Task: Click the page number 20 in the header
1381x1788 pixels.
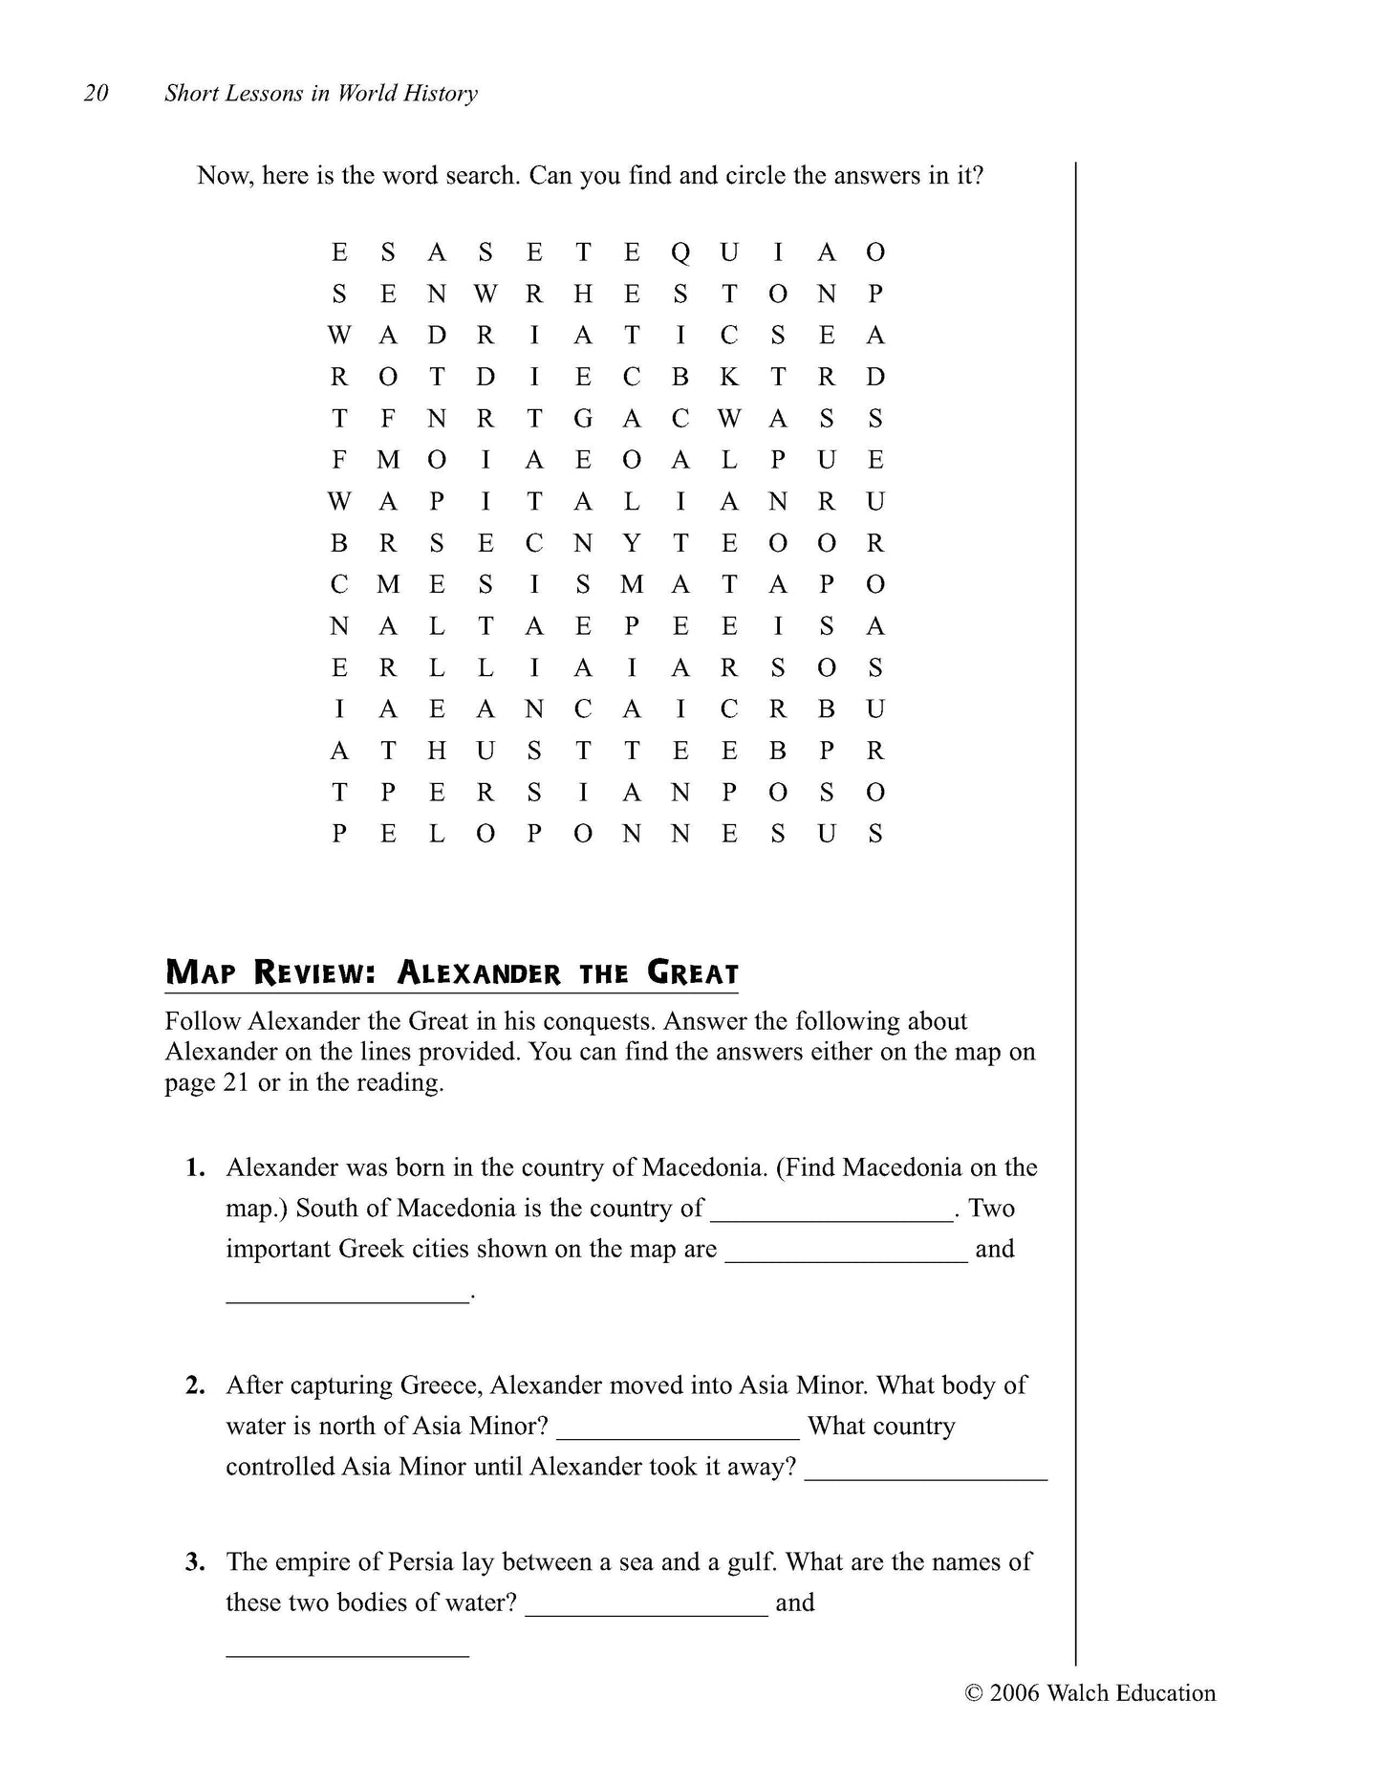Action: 97,94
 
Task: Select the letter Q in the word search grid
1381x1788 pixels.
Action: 680,252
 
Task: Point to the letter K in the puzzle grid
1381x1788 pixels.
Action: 729,378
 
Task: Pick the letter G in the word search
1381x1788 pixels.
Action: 583,419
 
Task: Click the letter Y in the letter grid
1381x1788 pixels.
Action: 632,543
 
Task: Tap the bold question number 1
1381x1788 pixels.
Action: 196,1167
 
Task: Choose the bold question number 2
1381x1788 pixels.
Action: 196,1385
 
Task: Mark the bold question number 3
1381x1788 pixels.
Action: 196,1562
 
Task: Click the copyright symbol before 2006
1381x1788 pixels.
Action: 974,1693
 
